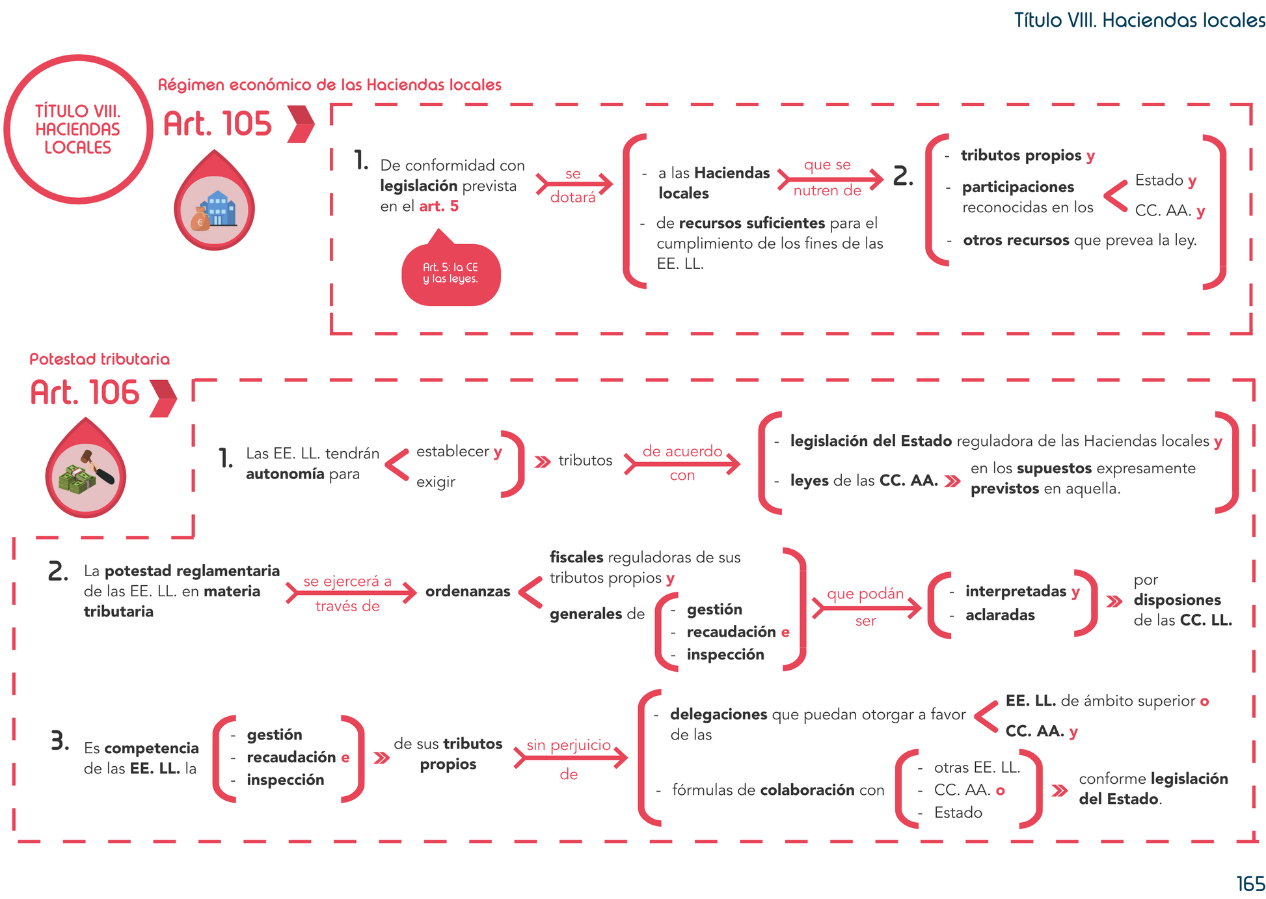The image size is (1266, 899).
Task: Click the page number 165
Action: coord(1250,884)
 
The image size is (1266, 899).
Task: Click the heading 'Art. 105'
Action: coord(217,124)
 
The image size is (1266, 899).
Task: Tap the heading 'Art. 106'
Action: coord(85,393)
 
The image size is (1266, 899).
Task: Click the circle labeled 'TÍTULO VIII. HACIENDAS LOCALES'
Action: coord(78,130)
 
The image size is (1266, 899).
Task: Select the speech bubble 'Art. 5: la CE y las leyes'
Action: coord(451,273)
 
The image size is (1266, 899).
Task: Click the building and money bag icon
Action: coord(214,210)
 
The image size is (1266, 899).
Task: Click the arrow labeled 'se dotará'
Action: coord(574,185)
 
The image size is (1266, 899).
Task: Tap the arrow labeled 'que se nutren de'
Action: coord(829,178)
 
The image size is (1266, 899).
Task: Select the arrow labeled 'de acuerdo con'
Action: coord(682,463)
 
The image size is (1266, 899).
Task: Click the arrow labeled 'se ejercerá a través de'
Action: coord(350,593)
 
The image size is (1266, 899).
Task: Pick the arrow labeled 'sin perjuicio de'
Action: coord(570,758)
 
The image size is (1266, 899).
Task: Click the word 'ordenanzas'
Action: coord(468,592)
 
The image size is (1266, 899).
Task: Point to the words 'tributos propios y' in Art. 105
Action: coord(1027,156)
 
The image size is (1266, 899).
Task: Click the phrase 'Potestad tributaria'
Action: coord(100,359)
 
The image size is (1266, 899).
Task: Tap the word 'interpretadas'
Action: coord(1016,591)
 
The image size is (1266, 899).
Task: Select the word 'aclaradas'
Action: coord(1000,615)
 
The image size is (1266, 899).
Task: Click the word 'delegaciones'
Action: coord(718,714)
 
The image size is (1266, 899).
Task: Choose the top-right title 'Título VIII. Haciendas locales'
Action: coord(1139,20)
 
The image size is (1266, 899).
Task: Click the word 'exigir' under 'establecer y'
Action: coord(436,482)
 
